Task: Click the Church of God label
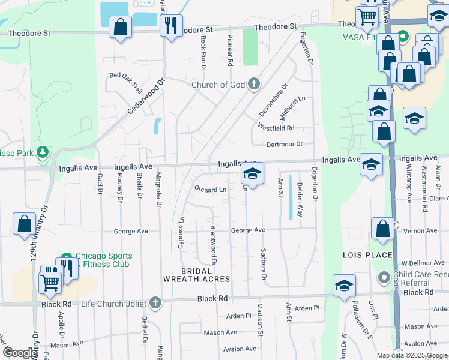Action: [x=218, y=85]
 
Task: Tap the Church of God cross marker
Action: [x=254, y=83]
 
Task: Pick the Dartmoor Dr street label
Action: [x=285, y=144]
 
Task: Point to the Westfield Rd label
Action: [x=276, y=128]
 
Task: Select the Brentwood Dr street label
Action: [x=213, y=245]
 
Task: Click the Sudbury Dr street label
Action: [x=262, y=264]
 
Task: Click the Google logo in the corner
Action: [x=20, y=353]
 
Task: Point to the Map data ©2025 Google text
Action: [x=412, y=355]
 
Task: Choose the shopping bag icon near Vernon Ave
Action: [x=383, y=229]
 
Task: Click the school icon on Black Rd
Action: [x=344, y=286]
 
